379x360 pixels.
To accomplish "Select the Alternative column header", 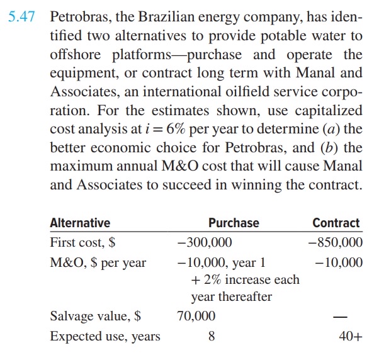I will click(80, 223).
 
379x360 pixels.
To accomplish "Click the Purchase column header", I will click(234, 223).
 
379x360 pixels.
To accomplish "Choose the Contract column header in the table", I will click(336, 223).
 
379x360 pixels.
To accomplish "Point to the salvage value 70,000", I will click(196, 315).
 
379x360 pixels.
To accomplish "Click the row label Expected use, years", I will click(105, 336).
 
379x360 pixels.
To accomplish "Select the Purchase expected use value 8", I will click(211, 336).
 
